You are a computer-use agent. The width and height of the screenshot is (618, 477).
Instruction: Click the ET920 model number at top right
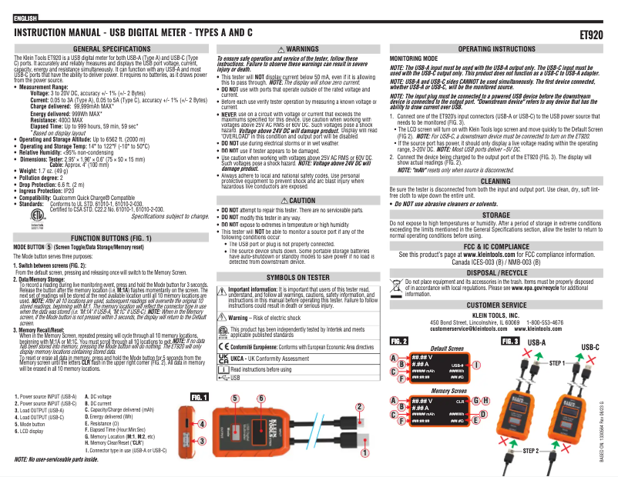pos(590,35)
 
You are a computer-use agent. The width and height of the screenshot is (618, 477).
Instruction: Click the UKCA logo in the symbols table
pos(224,359)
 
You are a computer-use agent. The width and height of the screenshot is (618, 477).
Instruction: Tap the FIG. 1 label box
pos(200,396)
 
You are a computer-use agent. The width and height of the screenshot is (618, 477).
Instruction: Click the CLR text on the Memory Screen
pos(459,402)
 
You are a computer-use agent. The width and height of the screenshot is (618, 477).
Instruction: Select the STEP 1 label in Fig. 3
pos(559,361)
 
